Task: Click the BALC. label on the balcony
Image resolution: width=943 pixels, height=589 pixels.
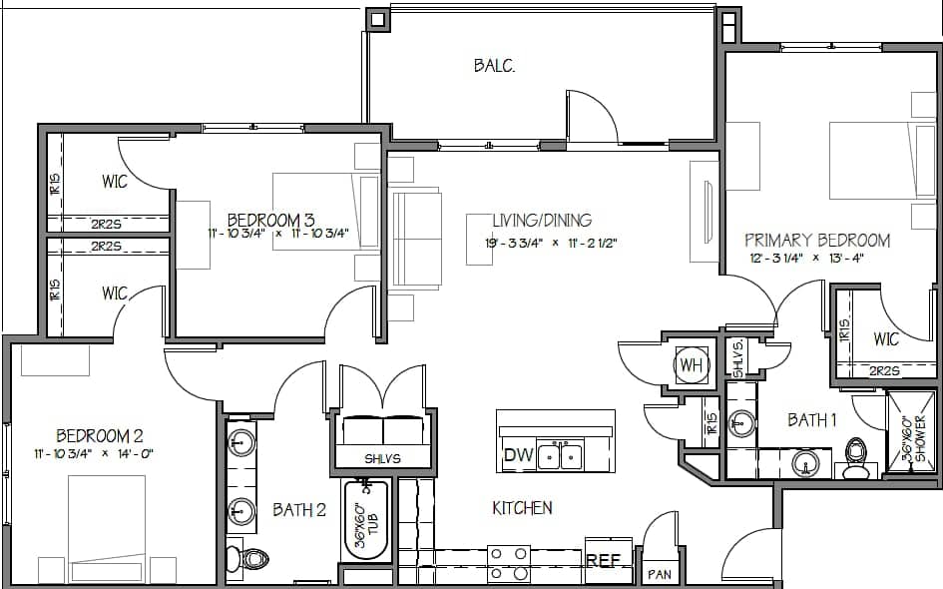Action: click(x=493, y=66)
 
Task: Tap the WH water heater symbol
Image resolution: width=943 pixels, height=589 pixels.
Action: click(x=691, y=365)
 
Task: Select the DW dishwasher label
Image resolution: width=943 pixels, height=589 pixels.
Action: click(x=518, y=456)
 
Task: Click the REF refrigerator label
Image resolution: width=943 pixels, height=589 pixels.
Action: click(x=603, y=561)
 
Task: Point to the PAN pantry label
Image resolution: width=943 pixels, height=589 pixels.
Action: click(x=660, y=574)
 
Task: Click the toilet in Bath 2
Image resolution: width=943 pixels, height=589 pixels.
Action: click(x=246, y=558)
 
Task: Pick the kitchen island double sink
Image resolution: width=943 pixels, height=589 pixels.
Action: click(x=559, y=456)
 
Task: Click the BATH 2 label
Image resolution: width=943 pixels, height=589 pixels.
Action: click(x=299, y=510)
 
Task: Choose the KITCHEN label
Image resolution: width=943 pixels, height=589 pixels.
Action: click(x=522, y=508)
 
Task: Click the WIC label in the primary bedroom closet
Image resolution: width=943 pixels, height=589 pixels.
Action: click(x=886, y=339)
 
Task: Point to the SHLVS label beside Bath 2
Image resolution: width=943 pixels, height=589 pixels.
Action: click(x=382, y=458)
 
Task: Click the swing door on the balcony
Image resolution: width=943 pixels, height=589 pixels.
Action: click(x=589, y=118)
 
